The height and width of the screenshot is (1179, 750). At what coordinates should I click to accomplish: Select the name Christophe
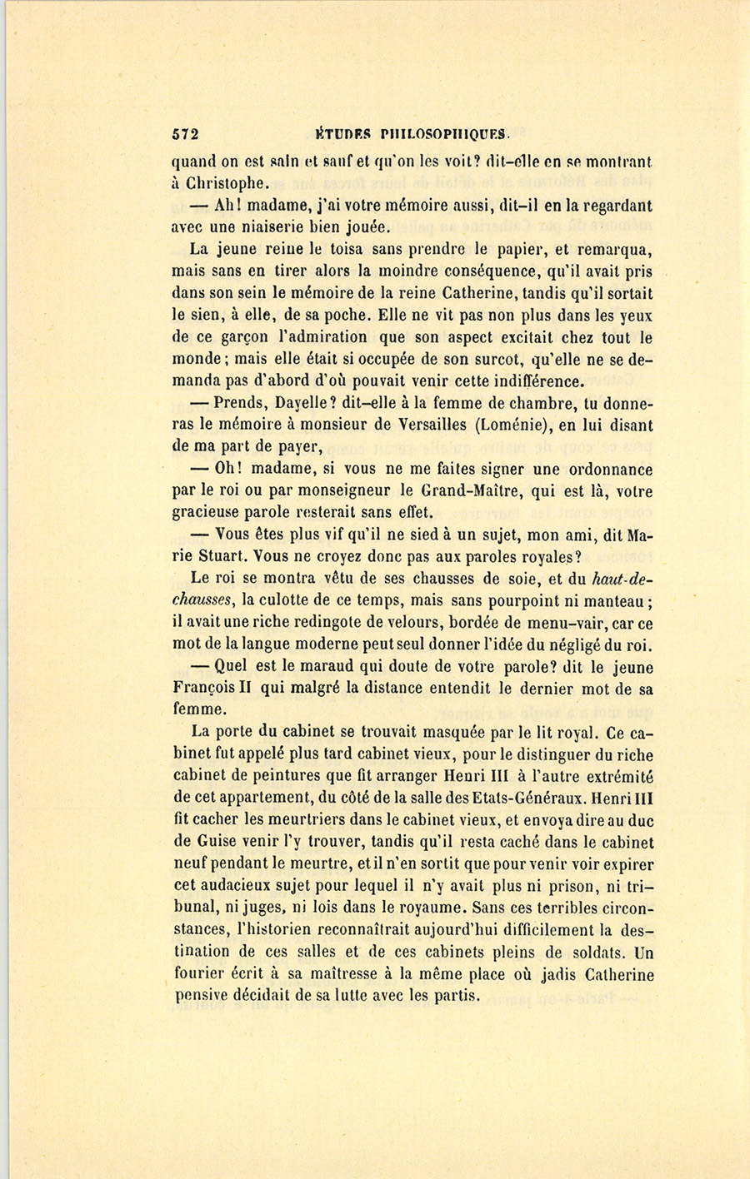[x=219, y=183]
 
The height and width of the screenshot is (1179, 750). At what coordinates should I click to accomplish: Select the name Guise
[x=216, y=843]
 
